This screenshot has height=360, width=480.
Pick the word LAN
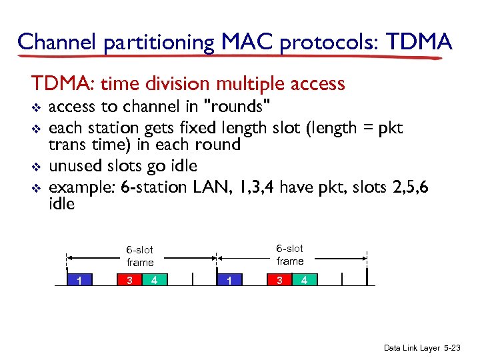click(x=211, y=187)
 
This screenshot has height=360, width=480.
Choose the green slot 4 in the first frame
click(x=154, y=280)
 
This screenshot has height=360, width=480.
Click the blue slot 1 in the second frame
click(x=229, y=280)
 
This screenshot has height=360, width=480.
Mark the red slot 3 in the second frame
click(x=279, y=280)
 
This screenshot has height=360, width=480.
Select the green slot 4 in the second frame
click(x=304, y=280)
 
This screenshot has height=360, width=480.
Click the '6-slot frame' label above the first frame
click(x=140, y=256)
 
